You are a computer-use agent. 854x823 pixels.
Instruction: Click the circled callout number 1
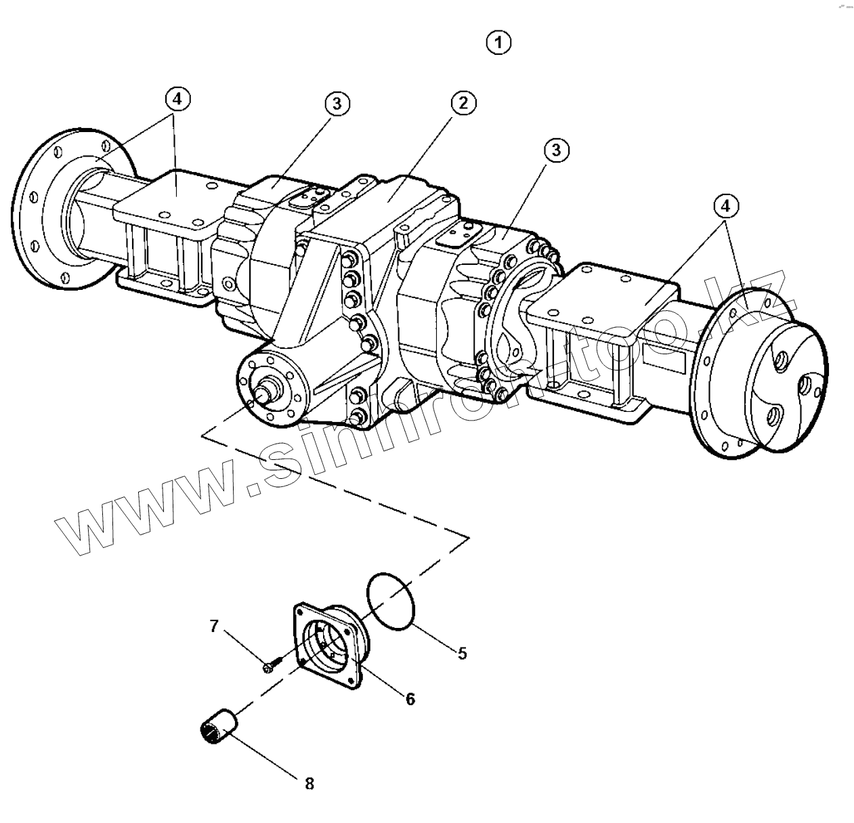pyautogui.click(x=498, y=43)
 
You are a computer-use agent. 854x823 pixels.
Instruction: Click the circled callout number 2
pyautogui.click(x=463, y=103)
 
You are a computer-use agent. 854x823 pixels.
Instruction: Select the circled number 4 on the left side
pyautogui.click(x=177, y=99)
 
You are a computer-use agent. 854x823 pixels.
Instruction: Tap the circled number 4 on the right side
pyautogui.click(x=725, y=205)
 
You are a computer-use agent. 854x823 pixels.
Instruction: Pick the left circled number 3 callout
pyautogui.click(x=337, y=103)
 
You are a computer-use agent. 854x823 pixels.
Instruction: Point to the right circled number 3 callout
pyautogui.click(x=556, y=150)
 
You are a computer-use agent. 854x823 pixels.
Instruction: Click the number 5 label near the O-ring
pyautogui.click(x=463, y=653)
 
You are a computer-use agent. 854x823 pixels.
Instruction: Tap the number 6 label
pyautogui.click(x=410, y=699)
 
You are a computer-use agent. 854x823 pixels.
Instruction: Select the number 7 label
pyautogui.click(x=214, y=626)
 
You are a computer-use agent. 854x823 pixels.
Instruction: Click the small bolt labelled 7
pyautogui.click(x=268, y=667)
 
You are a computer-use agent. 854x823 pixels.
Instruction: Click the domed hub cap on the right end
pyautogui.click(x=786, y=386)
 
